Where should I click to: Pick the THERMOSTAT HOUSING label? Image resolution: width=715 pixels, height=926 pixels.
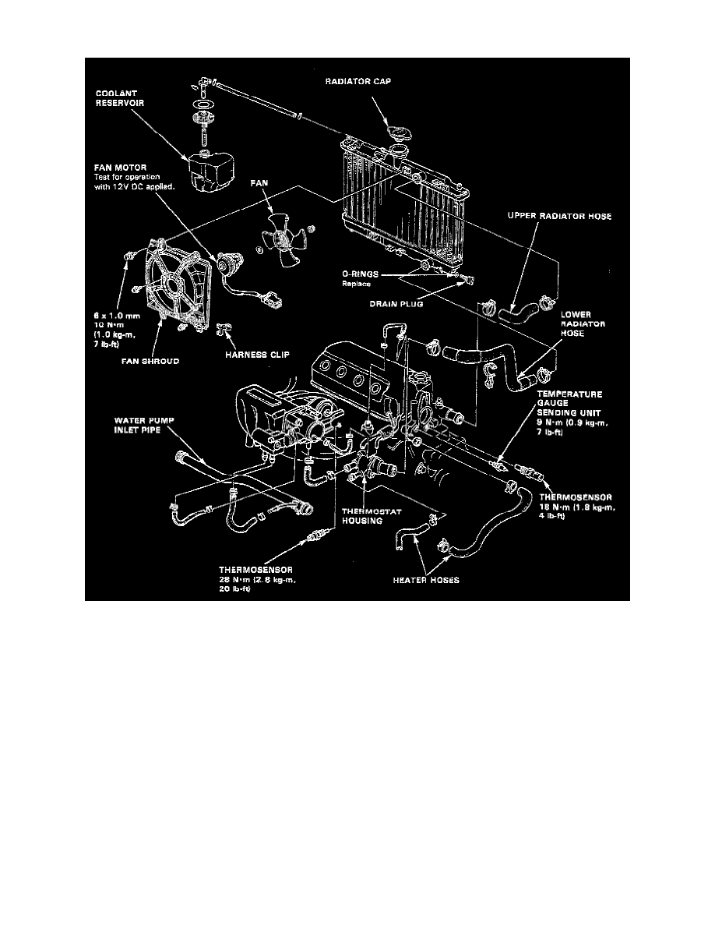[x=362, y=516]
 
